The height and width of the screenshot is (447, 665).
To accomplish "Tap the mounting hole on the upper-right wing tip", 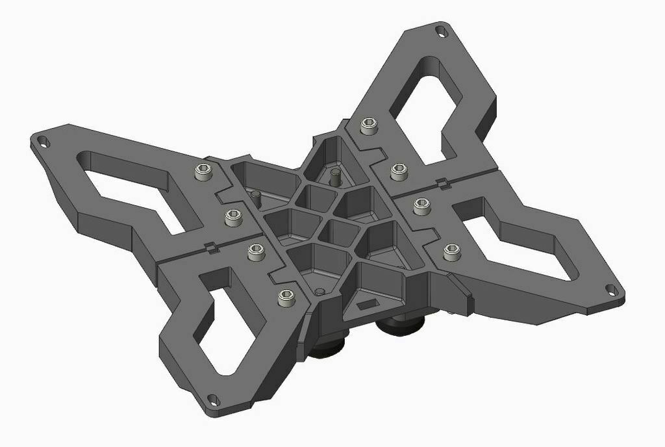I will coord(442,31).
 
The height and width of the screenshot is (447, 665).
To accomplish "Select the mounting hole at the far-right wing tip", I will coord(611,290).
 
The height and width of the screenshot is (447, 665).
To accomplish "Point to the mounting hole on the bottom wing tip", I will coord(212,399).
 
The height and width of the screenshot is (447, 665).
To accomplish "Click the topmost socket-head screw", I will coord(369,126).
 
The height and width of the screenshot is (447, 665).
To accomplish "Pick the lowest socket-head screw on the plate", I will coord(286,298).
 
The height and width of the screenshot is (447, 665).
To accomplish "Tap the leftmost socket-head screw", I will coord(203,172).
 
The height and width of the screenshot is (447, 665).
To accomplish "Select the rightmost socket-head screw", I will coord(451,251).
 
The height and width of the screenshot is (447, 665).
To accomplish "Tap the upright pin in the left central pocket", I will coord(255,196).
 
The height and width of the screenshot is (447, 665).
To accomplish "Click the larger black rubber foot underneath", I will coord(403,323).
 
